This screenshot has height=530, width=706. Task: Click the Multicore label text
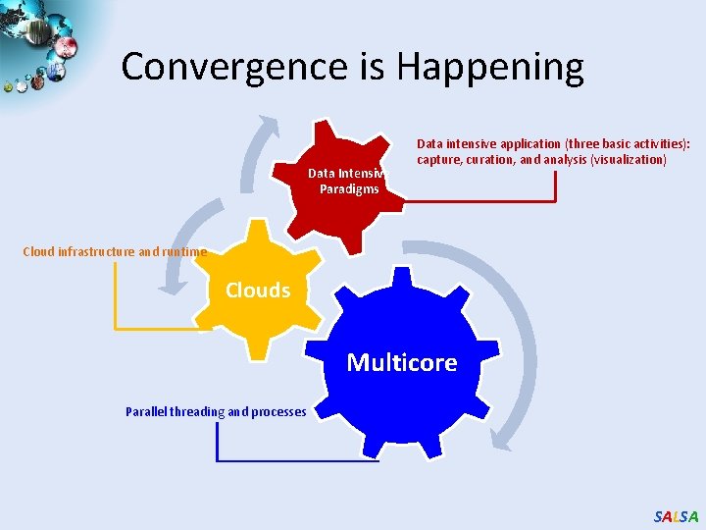(402, 362)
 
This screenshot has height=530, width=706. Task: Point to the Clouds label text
(258, 291)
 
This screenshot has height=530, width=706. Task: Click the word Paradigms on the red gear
(349, 188)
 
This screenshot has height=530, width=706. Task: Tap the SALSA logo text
(676, 516)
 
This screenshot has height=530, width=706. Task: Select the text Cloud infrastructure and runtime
(115, 251)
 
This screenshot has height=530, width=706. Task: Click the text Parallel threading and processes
(216, 411)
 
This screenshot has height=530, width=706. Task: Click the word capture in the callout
(438, 160)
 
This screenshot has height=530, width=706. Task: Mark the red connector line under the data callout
(480, 200)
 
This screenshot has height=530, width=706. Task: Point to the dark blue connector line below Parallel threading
(294, 460)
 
